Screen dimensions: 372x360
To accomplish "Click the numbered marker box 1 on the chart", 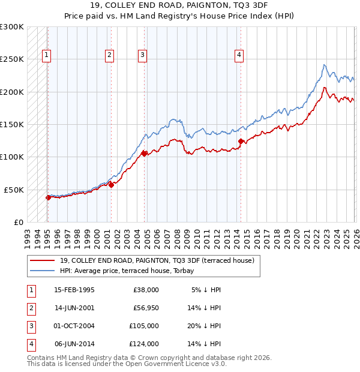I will (x=46, y=55).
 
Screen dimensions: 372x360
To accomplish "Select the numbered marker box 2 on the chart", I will (x=109, y=55).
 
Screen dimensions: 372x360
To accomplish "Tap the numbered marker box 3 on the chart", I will (x=142, y=55).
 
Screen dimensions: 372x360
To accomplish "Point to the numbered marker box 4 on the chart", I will (x=239, y=55).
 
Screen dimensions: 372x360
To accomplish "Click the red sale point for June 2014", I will (x=241, y=142).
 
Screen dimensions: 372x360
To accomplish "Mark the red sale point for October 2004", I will (x=145, y=154).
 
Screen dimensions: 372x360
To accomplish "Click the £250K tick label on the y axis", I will (x=12, y=59).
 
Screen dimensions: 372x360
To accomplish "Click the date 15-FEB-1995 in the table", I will (x=74, y=290).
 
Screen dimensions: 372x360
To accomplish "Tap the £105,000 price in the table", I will (x=145, y=326).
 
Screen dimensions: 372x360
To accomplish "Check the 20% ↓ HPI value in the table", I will (x=203, y=326).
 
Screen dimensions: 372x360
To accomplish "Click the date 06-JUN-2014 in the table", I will (x=74, y=344).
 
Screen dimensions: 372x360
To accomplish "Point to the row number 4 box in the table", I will (x=31, y=344).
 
